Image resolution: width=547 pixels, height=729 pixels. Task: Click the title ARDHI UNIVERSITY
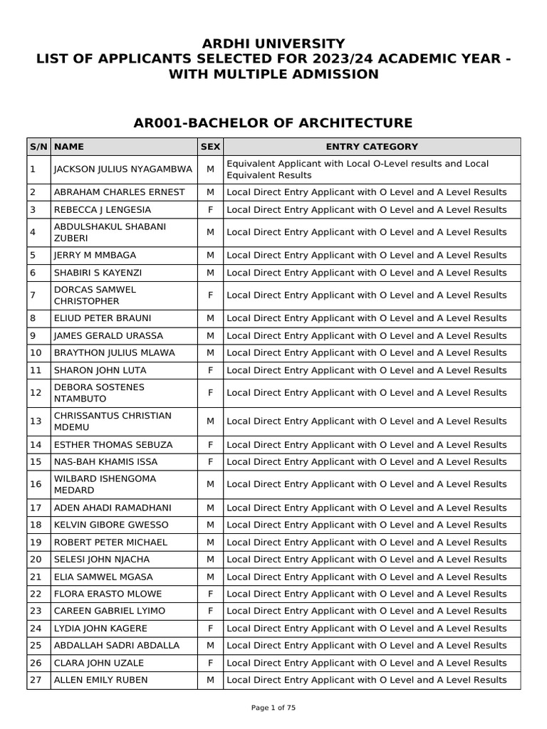[273, 43]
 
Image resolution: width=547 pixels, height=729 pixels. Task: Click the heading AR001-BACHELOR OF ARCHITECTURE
[273, 123]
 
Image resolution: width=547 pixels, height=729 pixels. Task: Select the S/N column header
[38, 147]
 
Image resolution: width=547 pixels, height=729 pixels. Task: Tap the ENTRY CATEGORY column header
[372, 147]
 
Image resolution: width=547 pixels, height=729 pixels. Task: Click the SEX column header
[210, 147]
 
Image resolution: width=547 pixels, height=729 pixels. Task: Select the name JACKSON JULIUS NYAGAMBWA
[123, 169]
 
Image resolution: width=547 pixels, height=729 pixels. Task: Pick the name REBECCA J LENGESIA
[102, 210]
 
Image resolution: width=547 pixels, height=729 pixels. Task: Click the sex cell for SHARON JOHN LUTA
[210, 370]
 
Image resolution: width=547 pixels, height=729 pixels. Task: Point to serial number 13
[33, 421]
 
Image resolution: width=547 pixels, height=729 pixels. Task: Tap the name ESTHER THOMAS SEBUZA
[113, 445]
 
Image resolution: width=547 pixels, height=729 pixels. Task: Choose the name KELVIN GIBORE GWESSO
[111, 525]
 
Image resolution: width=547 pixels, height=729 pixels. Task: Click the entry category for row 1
[358, 169]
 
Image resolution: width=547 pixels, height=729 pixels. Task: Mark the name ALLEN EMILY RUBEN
[101, 680]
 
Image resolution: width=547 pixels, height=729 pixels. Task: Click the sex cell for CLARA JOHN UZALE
[210, 663]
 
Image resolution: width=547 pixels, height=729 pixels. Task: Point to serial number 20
[33, 560]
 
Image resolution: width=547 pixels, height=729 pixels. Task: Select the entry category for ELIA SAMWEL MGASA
[366, 577]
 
